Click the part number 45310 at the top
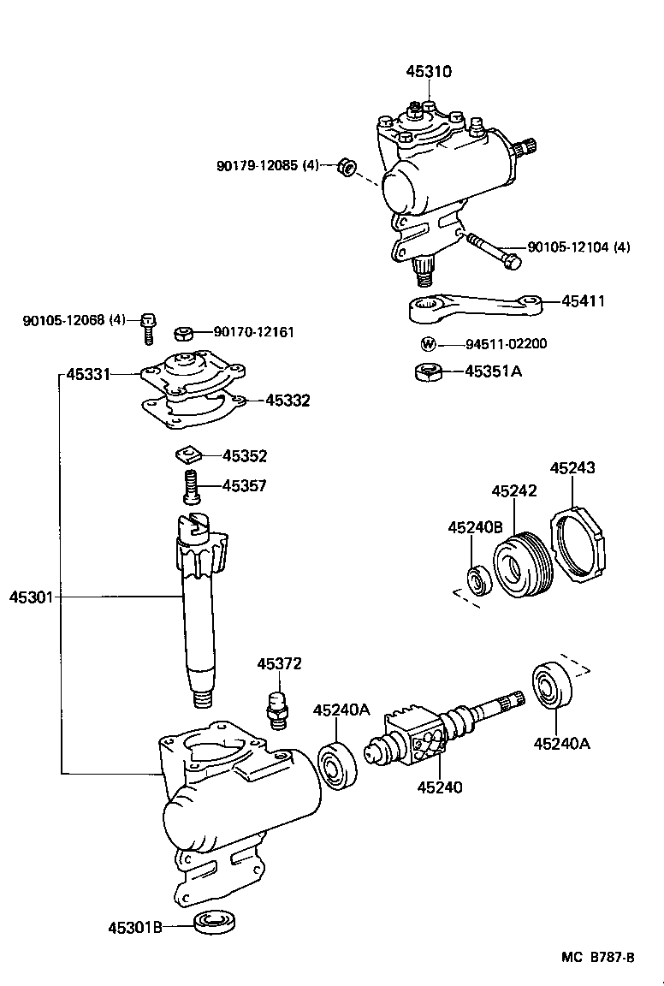(429, 72)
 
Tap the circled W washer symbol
(429, 345)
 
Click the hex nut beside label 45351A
(428, 372)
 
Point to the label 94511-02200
(506, 345)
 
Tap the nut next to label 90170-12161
(184, 333)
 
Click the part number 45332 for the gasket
(288, 401)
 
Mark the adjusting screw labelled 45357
(189, 488)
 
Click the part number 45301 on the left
(31, 597)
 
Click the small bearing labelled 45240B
(477, 579)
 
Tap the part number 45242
(513, 491)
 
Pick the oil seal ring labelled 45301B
(214, 923)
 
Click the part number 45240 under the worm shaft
(440, 787)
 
